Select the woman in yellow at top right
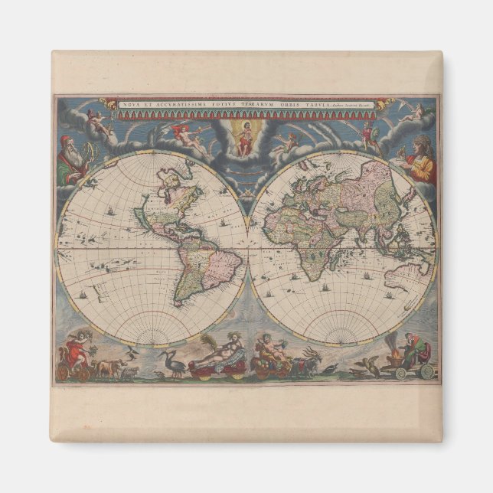pyautogui.click(x=420, y=158)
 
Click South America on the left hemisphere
pyautogui.click(x=203, y=264)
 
